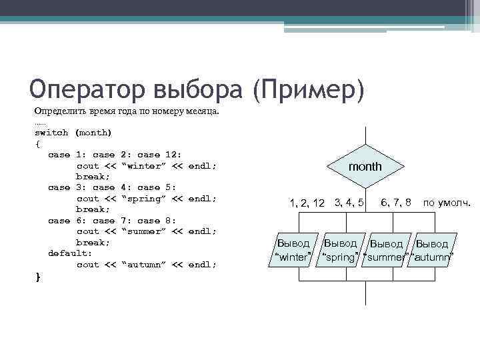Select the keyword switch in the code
(51, 133)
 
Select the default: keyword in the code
(70, 253)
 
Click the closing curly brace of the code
(37, 276)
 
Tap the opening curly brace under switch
(37, 143)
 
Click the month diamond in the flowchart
(365, 166)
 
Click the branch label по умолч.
(447, 202)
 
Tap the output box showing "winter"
(293, 250)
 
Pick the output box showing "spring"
(340, 250)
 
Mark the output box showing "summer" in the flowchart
(387, 251)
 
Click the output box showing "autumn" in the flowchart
(432, 251)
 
